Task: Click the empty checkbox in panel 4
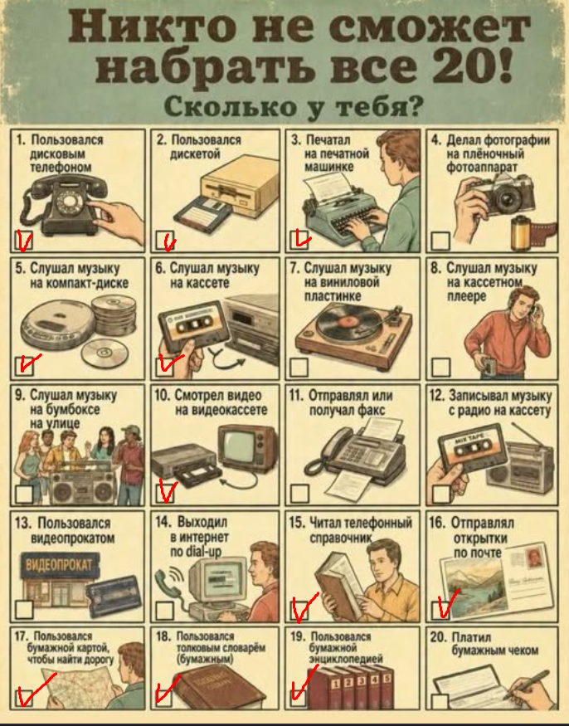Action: coord(440,241)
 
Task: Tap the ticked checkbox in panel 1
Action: coord(23,240)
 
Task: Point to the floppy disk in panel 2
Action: coord(203,214)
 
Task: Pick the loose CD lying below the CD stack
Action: coord(105,353)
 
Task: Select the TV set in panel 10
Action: coord(249,449)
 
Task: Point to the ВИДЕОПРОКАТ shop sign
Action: coord(60,565)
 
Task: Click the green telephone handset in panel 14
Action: coord(165,583)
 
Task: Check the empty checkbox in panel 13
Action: coord(24,609)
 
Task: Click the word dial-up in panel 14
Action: coord(203,552)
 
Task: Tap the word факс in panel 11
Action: coord(367,410)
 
